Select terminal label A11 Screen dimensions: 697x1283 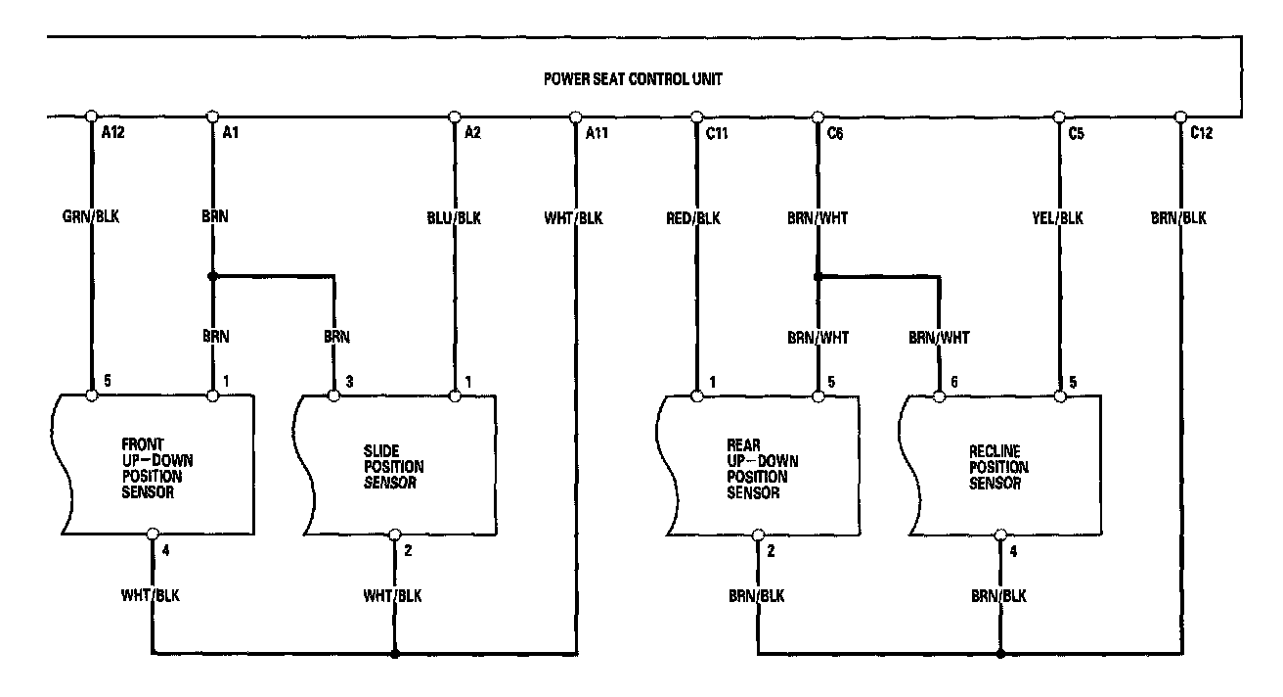tap(597, 133)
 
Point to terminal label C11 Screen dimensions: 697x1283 tap(717, 133)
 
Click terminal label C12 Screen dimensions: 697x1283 tap(1202, 133)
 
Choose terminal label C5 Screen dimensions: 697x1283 tap(1076, 133)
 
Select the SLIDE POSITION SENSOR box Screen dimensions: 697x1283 tap(395, 466)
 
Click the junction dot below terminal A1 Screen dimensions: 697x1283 tap(213, 276)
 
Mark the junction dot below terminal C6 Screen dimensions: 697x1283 tap(818, 276)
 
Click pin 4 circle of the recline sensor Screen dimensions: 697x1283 tap(999, 535)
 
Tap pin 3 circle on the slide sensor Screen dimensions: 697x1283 tap(334, 395)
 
